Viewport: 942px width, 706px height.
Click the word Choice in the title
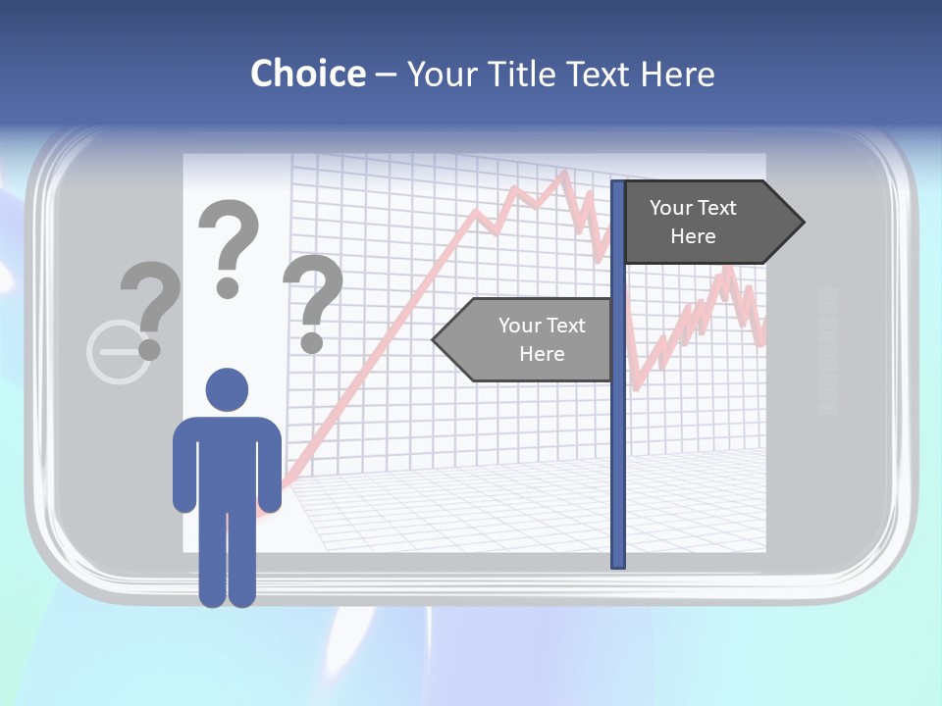click(307, 74)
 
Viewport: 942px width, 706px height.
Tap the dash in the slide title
click(386, 75)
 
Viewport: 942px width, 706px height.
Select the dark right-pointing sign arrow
click(706, 223)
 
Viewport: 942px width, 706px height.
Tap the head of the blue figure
click(227, 389)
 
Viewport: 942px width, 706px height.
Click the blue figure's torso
click(227, 461)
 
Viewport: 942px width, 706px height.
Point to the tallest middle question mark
click(229, 245)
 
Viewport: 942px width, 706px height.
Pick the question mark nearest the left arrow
click(312, 302)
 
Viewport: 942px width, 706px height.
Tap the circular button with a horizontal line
click(119, 351)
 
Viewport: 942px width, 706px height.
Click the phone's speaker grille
click(827, 350)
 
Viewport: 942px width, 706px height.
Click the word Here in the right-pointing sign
click(693, 236)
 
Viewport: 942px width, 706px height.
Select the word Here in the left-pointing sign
click(542, 354)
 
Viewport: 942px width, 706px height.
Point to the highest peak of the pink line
click(563, 175)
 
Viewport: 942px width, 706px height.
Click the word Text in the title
click(597, 74)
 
